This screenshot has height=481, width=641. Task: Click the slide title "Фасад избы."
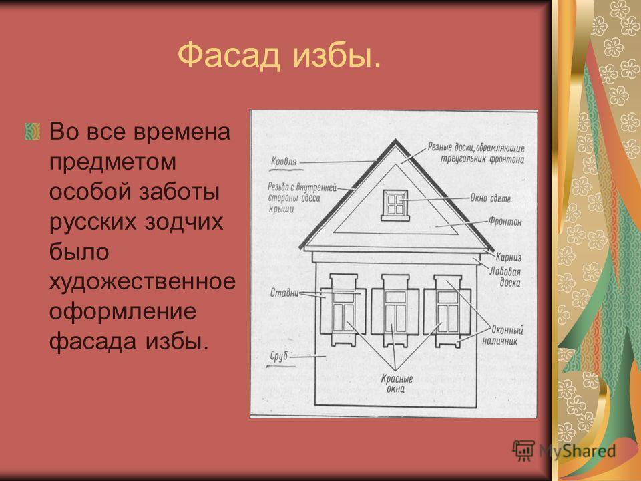click(x=279, y=55)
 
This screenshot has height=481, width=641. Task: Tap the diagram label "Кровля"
click(x=284, y=162)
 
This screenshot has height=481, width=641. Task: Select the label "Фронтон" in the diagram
click(x=505, y=222)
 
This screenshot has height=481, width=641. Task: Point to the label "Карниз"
click(x=509, y=257)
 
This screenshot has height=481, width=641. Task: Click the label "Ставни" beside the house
click(x=284, y=293)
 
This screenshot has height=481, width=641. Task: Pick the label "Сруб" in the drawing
click(x=279, y=356)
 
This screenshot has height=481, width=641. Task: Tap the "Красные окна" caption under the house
click(x=397, y=383)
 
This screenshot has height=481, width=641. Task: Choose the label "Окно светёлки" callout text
click(x=491, y=198)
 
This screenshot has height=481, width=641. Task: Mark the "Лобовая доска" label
click(x=505, y=277)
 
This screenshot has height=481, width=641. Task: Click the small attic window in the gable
click(x=395, y=205)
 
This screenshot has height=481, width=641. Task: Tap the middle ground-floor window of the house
click(x=395, y=311)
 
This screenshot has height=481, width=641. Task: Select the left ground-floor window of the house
click(x=343, y=311)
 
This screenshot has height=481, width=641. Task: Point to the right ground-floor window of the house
click(x=447, y=311)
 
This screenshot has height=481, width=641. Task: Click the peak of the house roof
click(x=395, y=140)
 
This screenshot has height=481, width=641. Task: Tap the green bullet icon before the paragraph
click(x=32, y=132)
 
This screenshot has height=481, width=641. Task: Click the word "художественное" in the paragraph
click(x=142, y=281)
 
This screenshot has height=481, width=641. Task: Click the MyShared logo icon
click(x=523, y=451)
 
